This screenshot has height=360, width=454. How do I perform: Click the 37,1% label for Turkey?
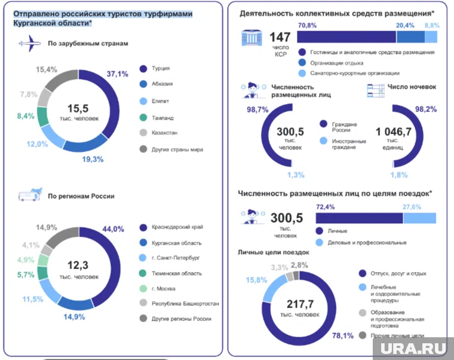(118, 74)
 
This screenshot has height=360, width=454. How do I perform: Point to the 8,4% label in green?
(26, 116)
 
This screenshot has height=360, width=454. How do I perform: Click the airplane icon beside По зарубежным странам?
(27, 44)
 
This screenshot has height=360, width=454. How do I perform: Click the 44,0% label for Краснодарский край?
(113, 229)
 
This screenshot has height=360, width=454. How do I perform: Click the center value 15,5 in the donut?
(78, 108)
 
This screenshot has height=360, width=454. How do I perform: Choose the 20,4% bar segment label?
(405, 26)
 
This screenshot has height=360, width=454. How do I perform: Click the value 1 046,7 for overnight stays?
(394, 131)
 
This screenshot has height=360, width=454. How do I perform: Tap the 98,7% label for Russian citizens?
(256, 110)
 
